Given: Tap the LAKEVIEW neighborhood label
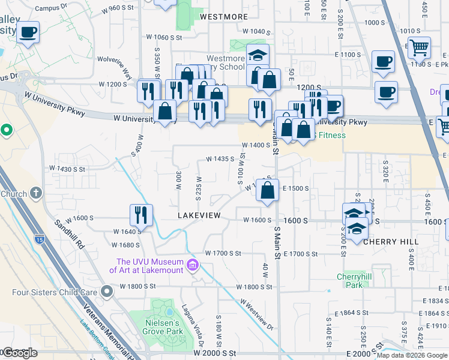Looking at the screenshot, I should [199, 215].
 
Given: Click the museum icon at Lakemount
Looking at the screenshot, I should [193, 265].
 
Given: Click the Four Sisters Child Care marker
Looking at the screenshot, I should [107, 292].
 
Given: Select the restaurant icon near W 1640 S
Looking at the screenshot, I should [141, 215].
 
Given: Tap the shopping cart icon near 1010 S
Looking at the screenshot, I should [419, 47].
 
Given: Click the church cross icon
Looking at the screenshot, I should [35, 193].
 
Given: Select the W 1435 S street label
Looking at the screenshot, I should [219, 159].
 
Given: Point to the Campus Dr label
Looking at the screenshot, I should [49, 8].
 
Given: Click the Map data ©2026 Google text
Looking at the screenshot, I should [412, 355].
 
